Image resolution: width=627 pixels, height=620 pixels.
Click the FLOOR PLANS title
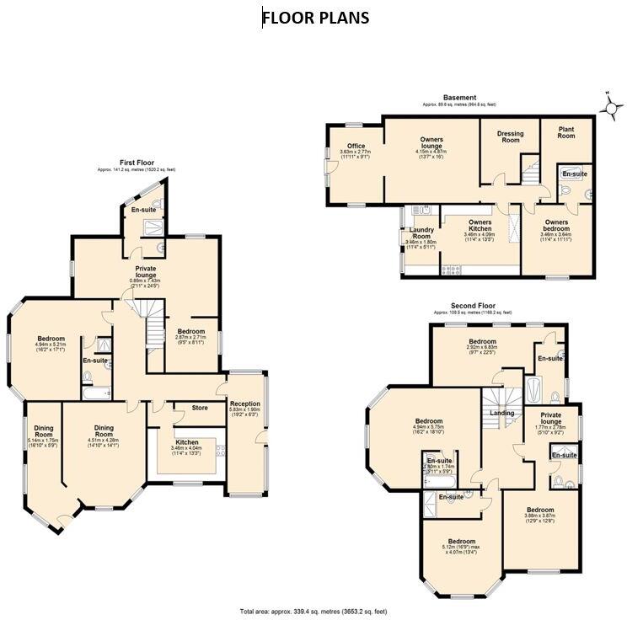(x=315, y=17)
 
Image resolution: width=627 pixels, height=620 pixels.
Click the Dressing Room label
(x=510, y=138)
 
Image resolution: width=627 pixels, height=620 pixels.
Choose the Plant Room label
(x=565, y=132)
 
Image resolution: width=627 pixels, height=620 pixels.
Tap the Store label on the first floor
(x=199, y=409)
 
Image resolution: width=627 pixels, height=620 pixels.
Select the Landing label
(x=503, y=413)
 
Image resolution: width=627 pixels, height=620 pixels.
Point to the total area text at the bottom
(x=313, y=610)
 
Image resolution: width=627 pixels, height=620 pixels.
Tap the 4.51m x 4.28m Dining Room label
(x=104, y=432)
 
